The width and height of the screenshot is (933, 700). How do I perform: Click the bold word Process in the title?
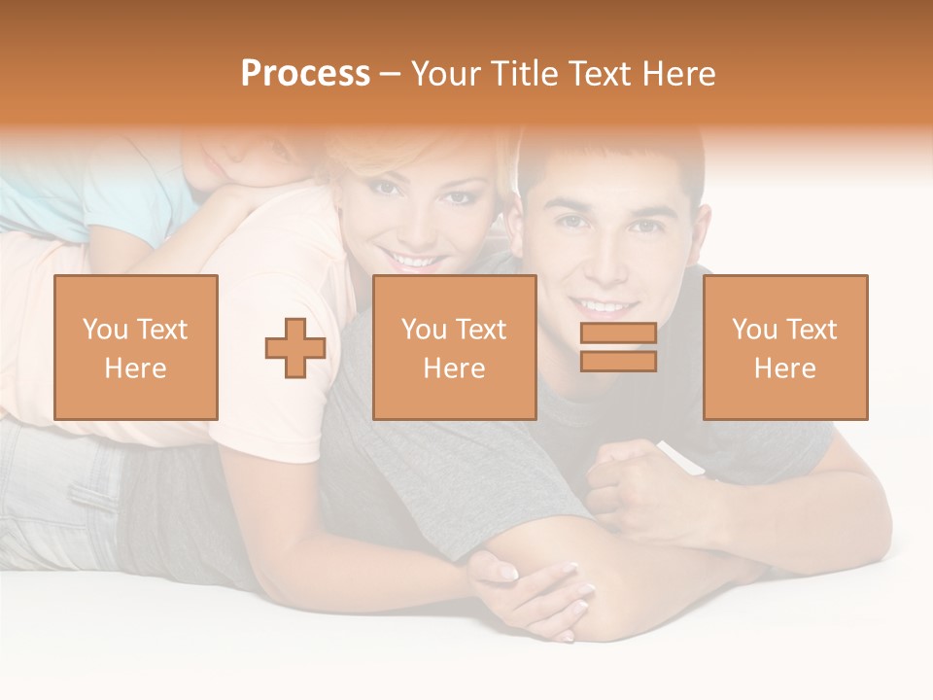[x=305, y=74]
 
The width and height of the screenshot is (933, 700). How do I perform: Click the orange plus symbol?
[x=295, y=348]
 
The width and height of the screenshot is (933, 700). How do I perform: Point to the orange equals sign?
[x=618, y=347]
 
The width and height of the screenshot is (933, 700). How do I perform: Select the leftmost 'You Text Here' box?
[x=136, y=347]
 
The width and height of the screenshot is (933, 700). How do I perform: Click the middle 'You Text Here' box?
[x=455, y=347]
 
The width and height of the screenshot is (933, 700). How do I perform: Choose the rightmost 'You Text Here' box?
[x=785, y=347]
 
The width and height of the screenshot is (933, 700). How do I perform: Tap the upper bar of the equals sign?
[x=618, y=333]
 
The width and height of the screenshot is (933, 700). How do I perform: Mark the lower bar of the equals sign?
[x=618, y=361]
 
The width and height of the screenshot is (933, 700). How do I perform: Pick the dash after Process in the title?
[x=391, y=74]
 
